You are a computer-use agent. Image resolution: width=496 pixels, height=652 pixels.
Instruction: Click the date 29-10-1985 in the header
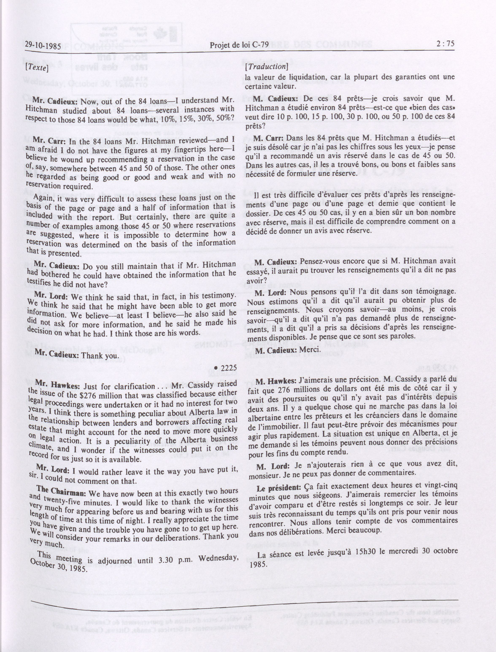point(43,46)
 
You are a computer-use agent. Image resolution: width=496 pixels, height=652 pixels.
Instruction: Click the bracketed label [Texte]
point(37,68)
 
